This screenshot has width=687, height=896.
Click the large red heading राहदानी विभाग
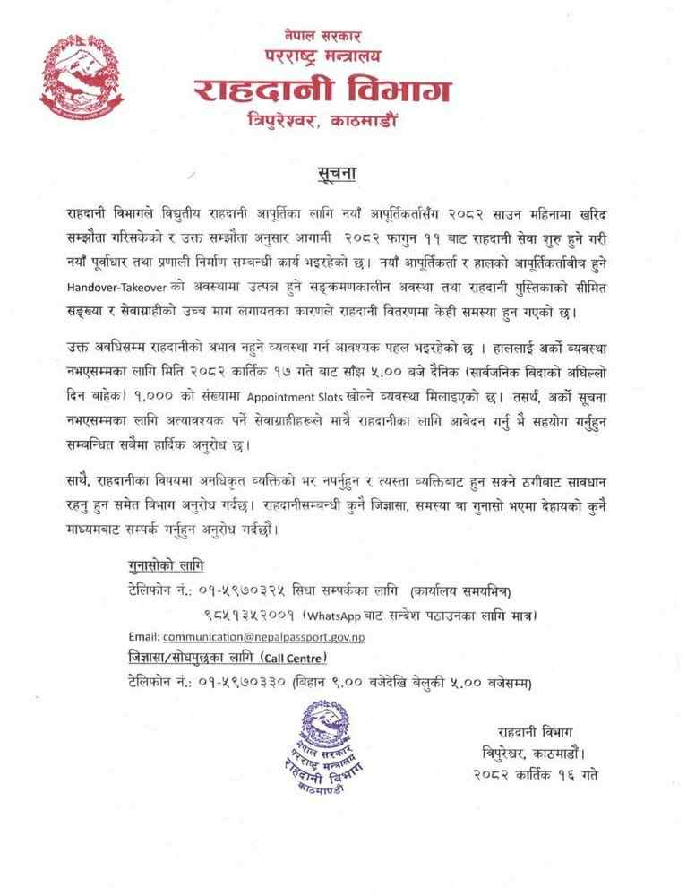(x=323, y=90)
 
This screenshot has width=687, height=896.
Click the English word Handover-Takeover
(x=119, y=289)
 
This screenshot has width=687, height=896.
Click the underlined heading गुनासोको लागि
(x=166, y=567)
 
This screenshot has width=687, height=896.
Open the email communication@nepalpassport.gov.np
(x=264, y=636)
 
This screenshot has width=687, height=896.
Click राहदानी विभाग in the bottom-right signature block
(x=537, y=729)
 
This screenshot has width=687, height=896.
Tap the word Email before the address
(x=143, y=636)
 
